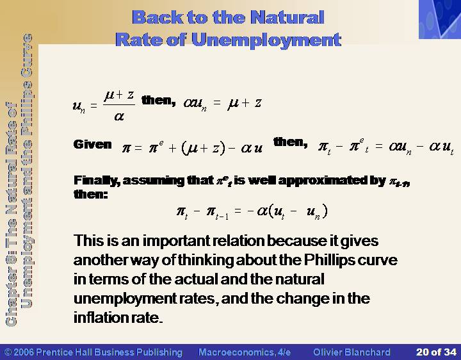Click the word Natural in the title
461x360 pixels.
(x=287, y=17)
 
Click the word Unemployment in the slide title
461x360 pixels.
(x=266, y=40)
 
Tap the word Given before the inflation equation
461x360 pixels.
(x=93, y=144)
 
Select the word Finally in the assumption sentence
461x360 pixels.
(x=97, y=181)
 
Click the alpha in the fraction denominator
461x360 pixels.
(x=119, y=117)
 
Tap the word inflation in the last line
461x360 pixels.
(x=97, y=318)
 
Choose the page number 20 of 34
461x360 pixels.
(x=436, y=352)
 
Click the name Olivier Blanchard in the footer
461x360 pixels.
(x=352, y=352)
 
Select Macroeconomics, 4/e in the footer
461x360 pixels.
(x=245, y=352)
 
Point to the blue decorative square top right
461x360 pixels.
(x=440, y=19)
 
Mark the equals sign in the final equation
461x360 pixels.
(x=238, y=211)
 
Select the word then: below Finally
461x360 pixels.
(x=90, y=194)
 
